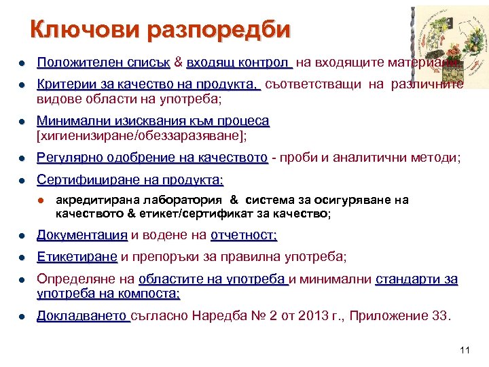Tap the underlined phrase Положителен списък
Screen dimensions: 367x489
click(x=103, y=63)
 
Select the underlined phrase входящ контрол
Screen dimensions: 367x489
click(x=238, y=63)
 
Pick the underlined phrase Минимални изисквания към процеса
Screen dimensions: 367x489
click(x=153, y=121)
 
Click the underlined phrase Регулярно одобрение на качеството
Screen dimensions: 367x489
click(x=152, y=158)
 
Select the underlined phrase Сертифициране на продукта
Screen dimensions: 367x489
click(x=130, y=181)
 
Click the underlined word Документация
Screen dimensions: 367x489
click(x=82, y=235)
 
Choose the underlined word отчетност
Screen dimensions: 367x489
click(x=244, y=235)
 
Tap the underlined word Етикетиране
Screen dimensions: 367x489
click(x=77, y=257)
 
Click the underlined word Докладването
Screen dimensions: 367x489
click(x=83, y=316)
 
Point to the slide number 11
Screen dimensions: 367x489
click(x=465, y=350)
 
